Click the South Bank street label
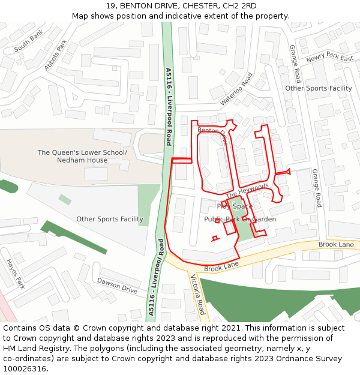coord(29,41)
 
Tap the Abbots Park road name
coord(55,55)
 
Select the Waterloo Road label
coord(236,89)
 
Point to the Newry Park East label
coord(329,58)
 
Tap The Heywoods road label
coord(247,191)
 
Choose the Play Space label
coord(235,206)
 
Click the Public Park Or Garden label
coord(240,220)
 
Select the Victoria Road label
coord(197,295)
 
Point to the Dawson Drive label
coord(117,286)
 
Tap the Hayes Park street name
coord(15,273)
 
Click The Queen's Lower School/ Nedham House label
coord(82,157)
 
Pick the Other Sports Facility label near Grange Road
coord(318,88)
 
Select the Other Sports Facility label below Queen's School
coord(110,219)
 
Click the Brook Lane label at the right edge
coord(336,245)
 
